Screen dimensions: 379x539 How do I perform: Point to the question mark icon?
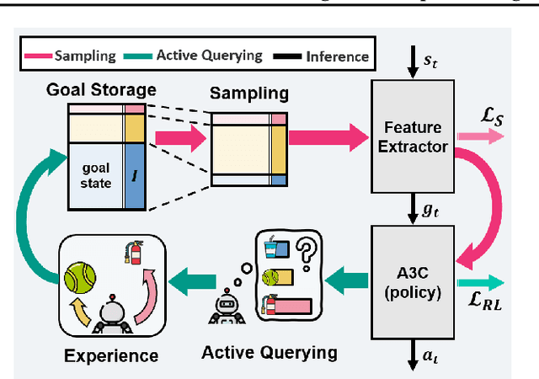[304, 250]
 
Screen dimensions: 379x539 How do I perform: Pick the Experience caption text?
[111, 355]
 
